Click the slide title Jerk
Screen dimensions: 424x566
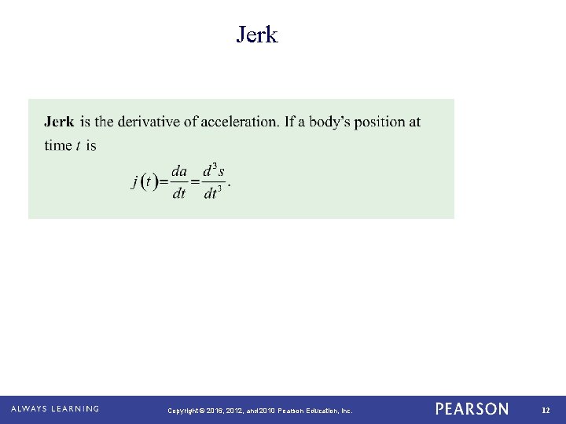click(257, 35)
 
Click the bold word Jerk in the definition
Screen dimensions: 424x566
click(60, 122)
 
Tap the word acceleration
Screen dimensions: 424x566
click(239, 122)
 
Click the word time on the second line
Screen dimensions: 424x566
click(57, 145)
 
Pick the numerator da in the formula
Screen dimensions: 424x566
click(179, 172)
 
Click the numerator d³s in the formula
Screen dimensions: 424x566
click(214, 171)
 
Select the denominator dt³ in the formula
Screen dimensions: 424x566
click(214, 192)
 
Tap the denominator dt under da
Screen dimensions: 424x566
click(179, 193)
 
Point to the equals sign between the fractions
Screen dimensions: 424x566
click(197, 182)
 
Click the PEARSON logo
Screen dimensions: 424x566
click(472, 409)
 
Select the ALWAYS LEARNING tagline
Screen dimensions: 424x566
click(55, 409)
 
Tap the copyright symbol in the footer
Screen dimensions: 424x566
click(202, 411)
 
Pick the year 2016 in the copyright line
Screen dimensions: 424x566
click(215, 411)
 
